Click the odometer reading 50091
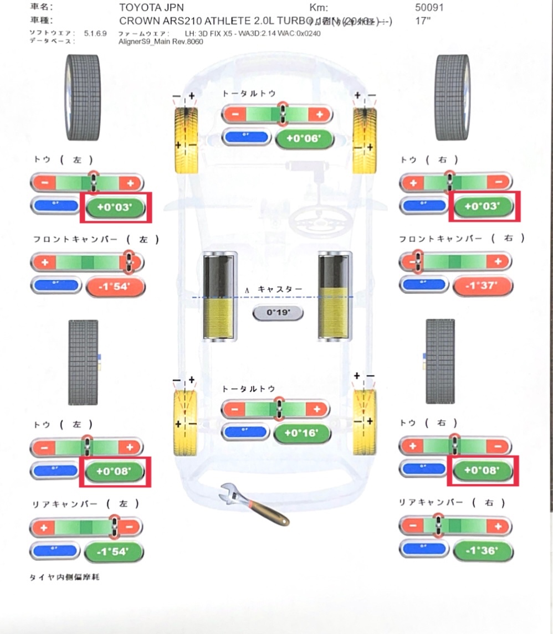(429, 8)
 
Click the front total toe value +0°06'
(304, 138)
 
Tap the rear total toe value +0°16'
(302, 433)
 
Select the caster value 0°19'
(278, 313)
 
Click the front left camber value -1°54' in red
(115, 287)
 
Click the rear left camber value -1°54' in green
(114, 551)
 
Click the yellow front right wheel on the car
(365, 139)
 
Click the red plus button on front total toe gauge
(319, 115)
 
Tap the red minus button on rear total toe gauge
(234, 410)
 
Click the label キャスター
(280, 290)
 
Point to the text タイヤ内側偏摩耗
(64, 578)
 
